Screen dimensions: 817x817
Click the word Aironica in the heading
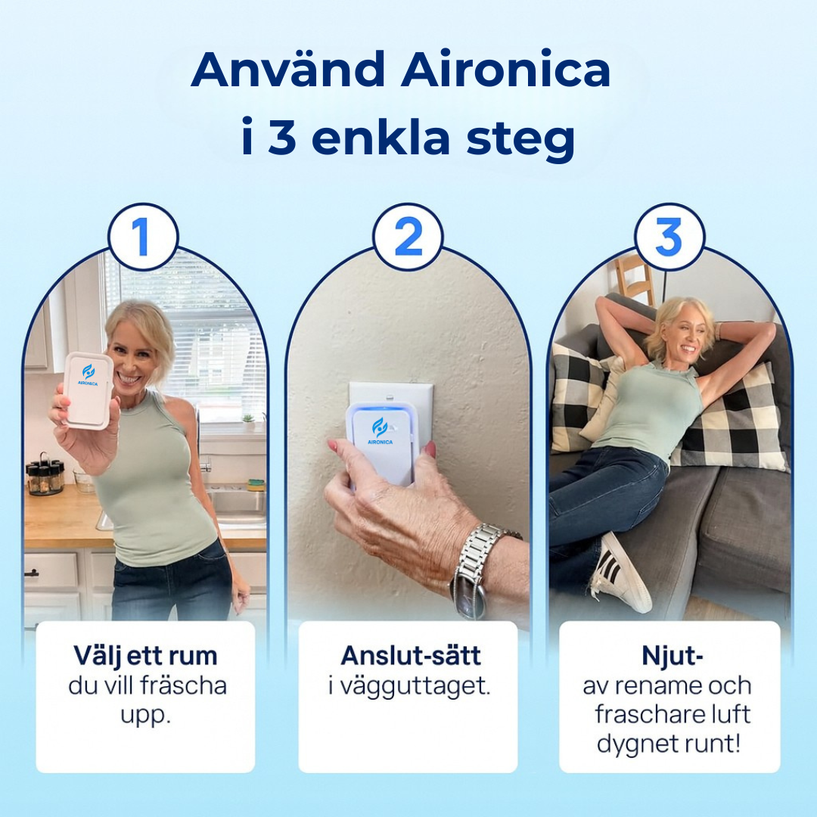(505, 70)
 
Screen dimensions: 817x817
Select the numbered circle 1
(142, 238)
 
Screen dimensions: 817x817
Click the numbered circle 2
(408, 238)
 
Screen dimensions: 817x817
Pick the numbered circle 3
(669, 238)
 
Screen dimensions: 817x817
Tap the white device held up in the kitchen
(89, 390)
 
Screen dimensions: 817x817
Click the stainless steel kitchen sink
(236, 505)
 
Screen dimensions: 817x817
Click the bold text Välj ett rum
(145, 655)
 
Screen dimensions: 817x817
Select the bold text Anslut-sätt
(411, 655)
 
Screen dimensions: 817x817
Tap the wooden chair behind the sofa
(634, 278)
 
